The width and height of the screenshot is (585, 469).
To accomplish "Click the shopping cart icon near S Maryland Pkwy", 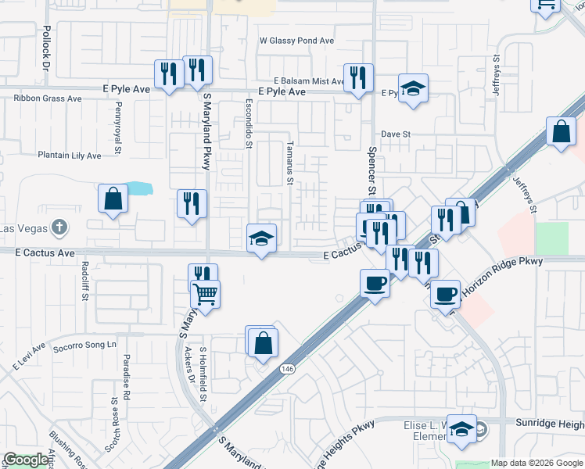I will tap(205, 295).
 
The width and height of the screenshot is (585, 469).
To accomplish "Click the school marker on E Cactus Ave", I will tap(262, 239).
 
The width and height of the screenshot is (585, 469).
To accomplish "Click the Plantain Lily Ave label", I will tap(70, 156).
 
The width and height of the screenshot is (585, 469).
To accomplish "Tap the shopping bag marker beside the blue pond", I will tap(113, 199).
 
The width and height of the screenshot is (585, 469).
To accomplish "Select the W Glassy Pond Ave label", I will tap(296, 41).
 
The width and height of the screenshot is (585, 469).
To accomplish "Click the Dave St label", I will tap(396, 134).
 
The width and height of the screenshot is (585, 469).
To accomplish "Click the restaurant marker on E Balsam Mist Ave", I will tap(358, 78).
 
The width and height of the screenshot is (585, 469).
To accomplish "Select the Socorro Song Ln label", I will tap(84, 345).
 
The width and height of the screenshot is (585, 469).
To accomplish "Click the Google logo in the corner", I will tap(26, 460).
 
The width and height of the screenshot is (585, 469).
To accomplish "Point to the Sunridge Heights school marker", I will tap(461, 429).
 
